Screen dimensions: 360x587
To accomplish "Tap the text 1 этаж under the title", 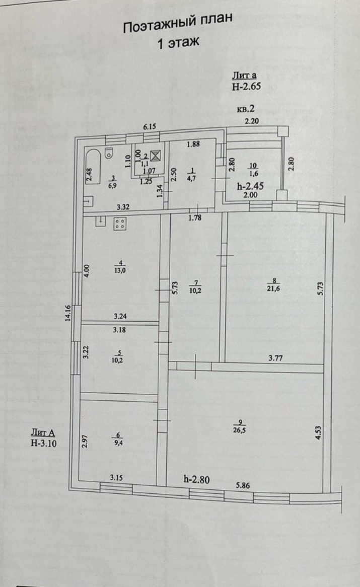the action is point(179,44).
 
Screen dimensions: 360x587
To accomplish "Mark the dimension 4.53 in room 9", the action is point(317,432).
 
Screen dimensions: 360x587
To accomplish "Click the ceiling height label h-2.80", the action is point(196,479).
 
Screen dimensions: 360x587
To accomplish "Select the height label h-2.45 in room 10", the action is point(250,184).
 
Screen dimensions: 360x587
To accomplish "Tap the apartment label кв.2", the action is point(247,108).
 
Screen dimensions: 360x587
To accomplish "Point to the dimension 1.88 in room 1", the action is point(194,145).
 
